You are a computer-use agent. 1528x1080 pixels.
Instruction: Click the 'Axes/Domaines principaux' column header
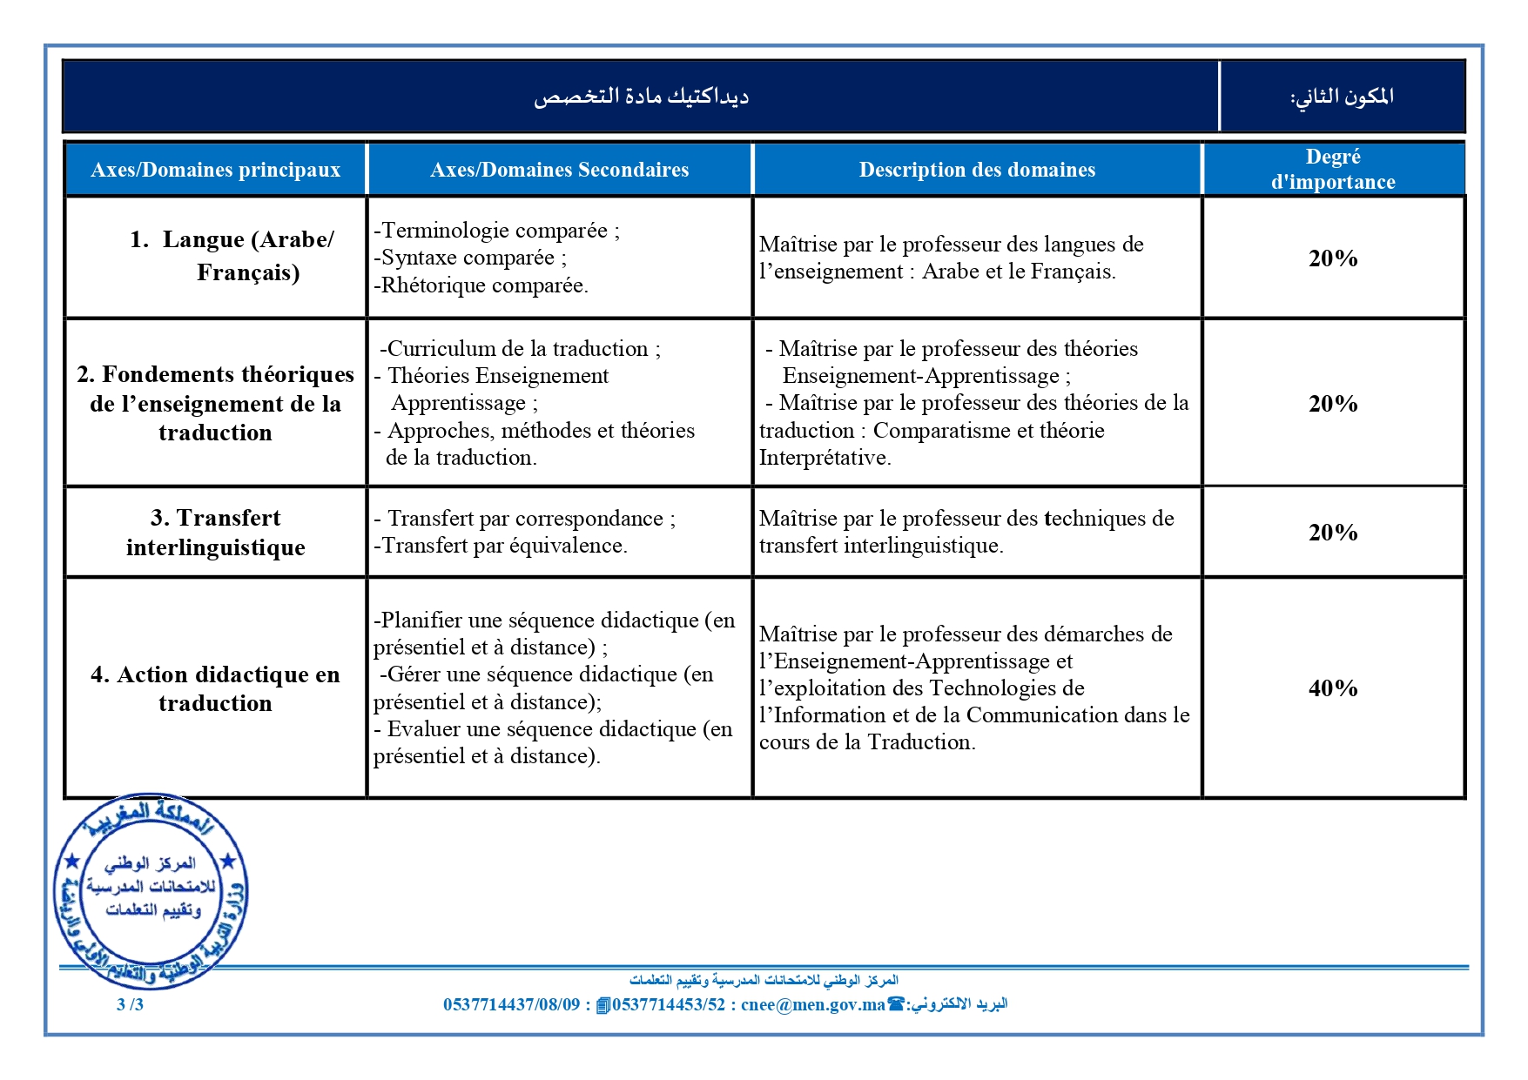[215, 170]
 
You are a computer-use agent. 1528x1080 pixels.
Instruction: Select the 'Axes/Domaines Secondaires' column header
[559, 170]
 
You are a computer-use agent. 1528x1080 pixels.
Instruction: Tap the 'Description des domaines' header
[977, 170]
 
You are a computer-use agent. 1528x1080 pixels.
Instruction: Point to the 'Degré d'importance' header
[1333, 169]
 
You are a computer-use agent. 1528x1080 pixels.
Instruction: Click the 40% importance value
[1333, 688]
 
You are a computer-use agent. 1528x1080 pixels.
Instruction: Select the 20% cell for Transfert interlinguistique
[1333, 533]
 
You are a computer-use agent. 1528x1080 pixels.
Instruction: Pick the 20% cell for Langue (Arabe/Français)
[1333, 258]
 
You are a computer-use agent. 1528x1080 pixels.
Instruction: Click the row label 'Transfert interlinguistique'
[215, 533]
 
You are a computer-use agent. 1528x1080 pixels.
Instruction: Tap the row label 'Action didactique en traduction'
[215, 688]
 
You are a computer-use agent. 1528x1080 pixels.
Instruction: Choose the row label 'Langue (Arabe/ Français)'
[232, 256]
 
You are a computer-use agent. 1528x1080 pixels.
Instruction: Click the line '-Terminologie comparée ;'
[496, 231]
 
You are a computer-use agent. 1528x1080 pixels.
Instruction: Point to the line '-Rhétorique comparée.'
[481, 285]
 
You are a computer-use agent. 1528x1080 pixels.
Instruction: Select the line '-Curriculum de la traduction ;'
[520, 349]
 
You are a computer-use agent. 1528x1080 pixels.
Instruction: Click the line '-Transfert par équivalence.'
[500, 546]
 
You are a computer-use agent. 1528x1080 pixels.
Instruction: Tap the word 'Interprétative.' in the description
[825, 458]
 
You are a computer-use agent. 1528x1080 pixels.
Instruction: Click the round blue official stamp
[151, 890]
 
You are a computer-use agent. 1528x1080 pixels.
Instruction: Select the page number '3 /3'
[130, 1004]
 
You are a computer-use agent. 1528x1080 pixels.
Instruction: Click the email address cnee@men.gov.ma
[812, 1004]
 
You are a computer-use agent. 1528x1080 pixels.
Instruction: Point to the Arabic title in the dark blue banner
[641, 96]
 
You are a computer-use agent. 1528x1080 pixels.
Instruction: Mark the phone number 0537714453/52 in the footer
[668, 1004]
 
